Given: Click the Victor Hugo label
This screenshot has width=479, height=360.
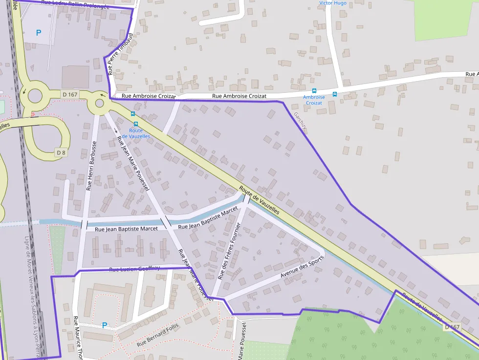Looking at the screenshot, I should [x=333, y=3].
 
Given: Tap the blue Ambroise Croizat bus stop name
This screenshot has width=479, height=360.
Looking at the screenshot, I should [x=313, y=100].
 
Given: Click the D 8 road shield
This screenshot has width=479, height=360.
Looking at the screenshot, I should [x=61, y=153].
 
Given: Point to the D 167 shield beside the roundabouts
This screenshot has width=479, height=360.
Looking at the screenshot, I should [x=70, y=94].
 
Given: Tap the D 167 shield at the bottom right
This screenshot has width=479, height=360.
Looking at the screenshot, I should [x=453, y=327].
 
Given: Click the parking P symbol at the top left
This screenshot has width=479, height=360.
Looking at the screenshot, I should [x=39, y=33].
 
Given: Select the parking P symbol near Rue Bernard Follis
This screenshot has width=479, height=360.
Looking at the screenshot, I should [x=104, y=325].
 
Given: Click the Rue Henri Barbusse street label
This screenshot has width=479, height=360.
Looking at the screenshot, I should [x=91, y=166].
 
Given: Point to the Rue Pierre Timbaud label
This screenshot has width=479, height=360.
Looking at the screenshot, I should [x=120, y=54].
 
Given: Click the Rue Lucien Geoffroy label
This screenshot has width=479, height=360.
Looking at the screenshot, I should [x=134, y=269].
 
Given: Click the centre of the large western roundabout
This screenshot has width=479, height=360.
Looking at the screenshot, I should [x=35, y=95].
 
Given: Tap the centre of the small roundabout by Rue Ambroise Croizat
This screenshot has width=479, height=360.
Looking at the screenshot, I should [x=100, y=103].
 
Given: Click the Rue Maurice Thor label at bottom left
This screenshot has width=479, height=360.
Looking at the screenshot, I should [x=77, y=337].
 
